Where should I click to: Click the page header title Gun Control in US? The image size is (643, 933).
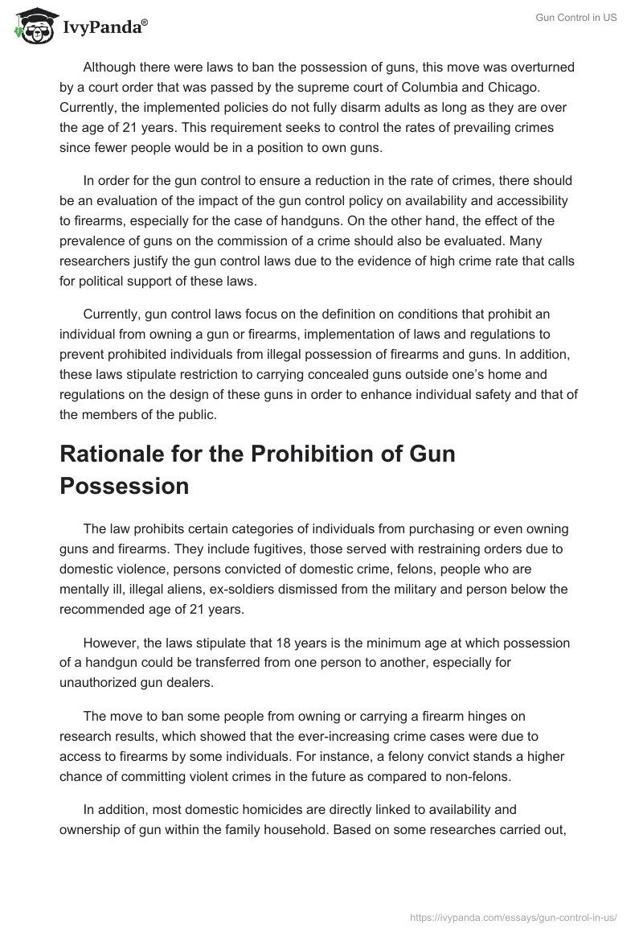[x=576, y=18]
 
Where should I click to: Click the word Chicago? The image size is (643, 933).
[x=483, y=86]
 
